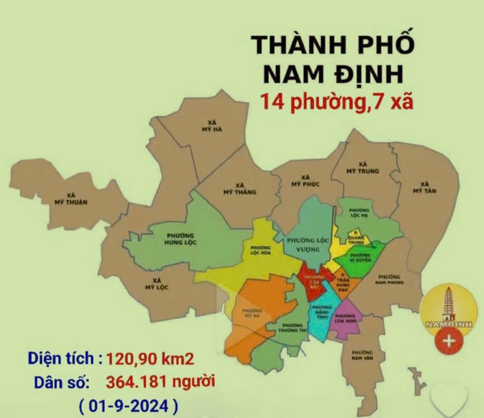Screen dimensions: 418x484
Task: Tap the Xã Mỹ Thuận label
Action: click(71, 199)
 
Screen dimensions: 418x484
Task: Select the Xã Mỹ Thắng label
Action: click(240, 188)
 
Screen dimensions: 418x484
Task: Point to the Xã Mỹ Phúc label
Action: click(305, 181)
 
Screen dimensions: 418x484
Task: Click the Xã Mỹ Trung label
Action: click(363, 168)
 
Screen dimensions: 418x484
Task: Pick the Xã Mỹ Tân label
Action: click(424, 187)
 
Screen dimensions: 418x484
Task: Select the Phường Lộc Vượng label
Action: click(308, 245)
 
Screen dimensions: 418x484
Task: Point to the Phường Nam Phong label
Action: click(389, 280)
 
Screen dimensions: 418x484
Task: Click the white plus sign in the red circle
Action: click(449, 340)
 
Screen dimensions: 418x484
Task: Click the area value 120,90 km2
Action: click(150, 358)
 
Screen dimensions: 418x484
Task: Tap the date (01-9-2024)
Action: click(128, 405)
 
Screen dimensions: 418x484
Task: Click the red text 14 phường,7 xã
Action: click(336, 102)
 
